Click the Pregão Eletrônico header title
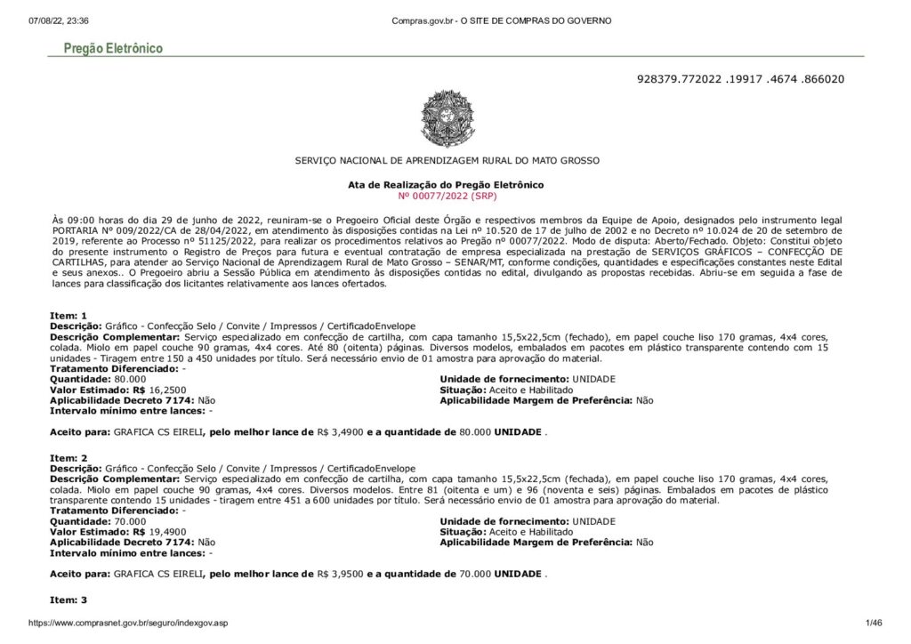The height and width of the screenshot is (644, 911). click(112, 48)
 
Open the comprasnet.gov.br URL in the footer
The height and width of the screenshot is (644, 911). click(128, 624)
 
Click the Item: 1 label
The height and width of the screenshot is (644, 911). click(69, 316)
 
